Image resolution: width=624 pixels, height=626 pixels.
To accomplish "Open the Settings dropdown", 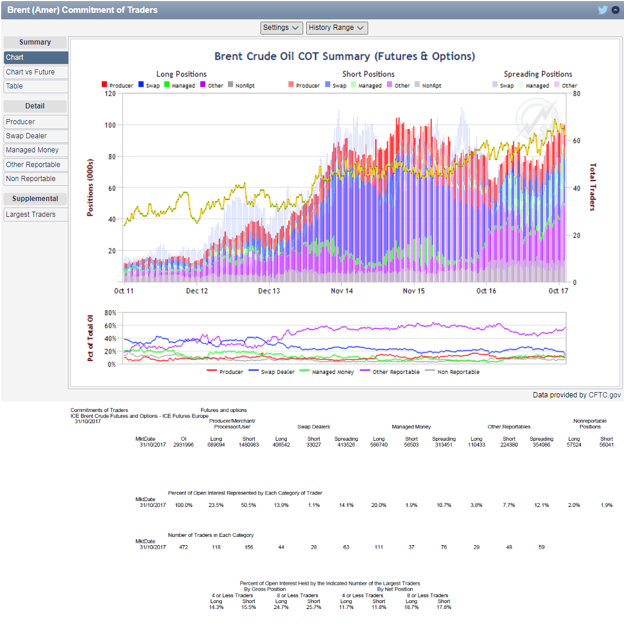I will coord(281,28).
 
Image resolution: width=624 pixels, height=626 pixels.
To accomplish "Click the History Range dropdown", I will coord(337,28).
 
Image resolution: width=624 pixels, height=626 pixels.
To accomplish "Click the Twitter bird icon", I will coord(602,10).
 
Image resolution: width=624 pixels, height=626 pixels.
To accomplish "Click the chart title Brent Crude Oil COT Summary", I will coord(344,56).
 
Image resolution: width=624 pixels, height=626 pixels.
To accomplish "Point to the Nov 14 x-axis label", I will coord(341,291).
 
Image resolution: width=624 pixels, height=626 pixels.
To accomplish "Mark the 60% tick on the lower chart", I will coord(111,325).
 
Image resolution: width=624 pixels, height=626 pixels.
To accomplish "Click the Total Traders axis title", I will coord(592,187).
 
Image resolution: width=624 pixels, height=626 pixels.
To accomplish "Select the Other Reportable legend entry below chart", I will coord(396,372).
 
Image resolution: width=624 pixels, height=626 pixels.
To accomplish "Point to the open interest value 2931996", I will coord(183,445).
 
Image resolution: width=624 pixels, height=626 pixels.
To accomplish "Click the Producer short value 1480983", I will coord(249,445).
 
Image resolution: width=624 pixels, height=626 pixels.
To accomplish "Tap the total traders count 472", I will coord(183,547).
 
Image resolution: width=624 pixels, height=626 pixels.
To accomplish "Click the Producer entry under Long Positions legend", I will coord(118,86).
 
